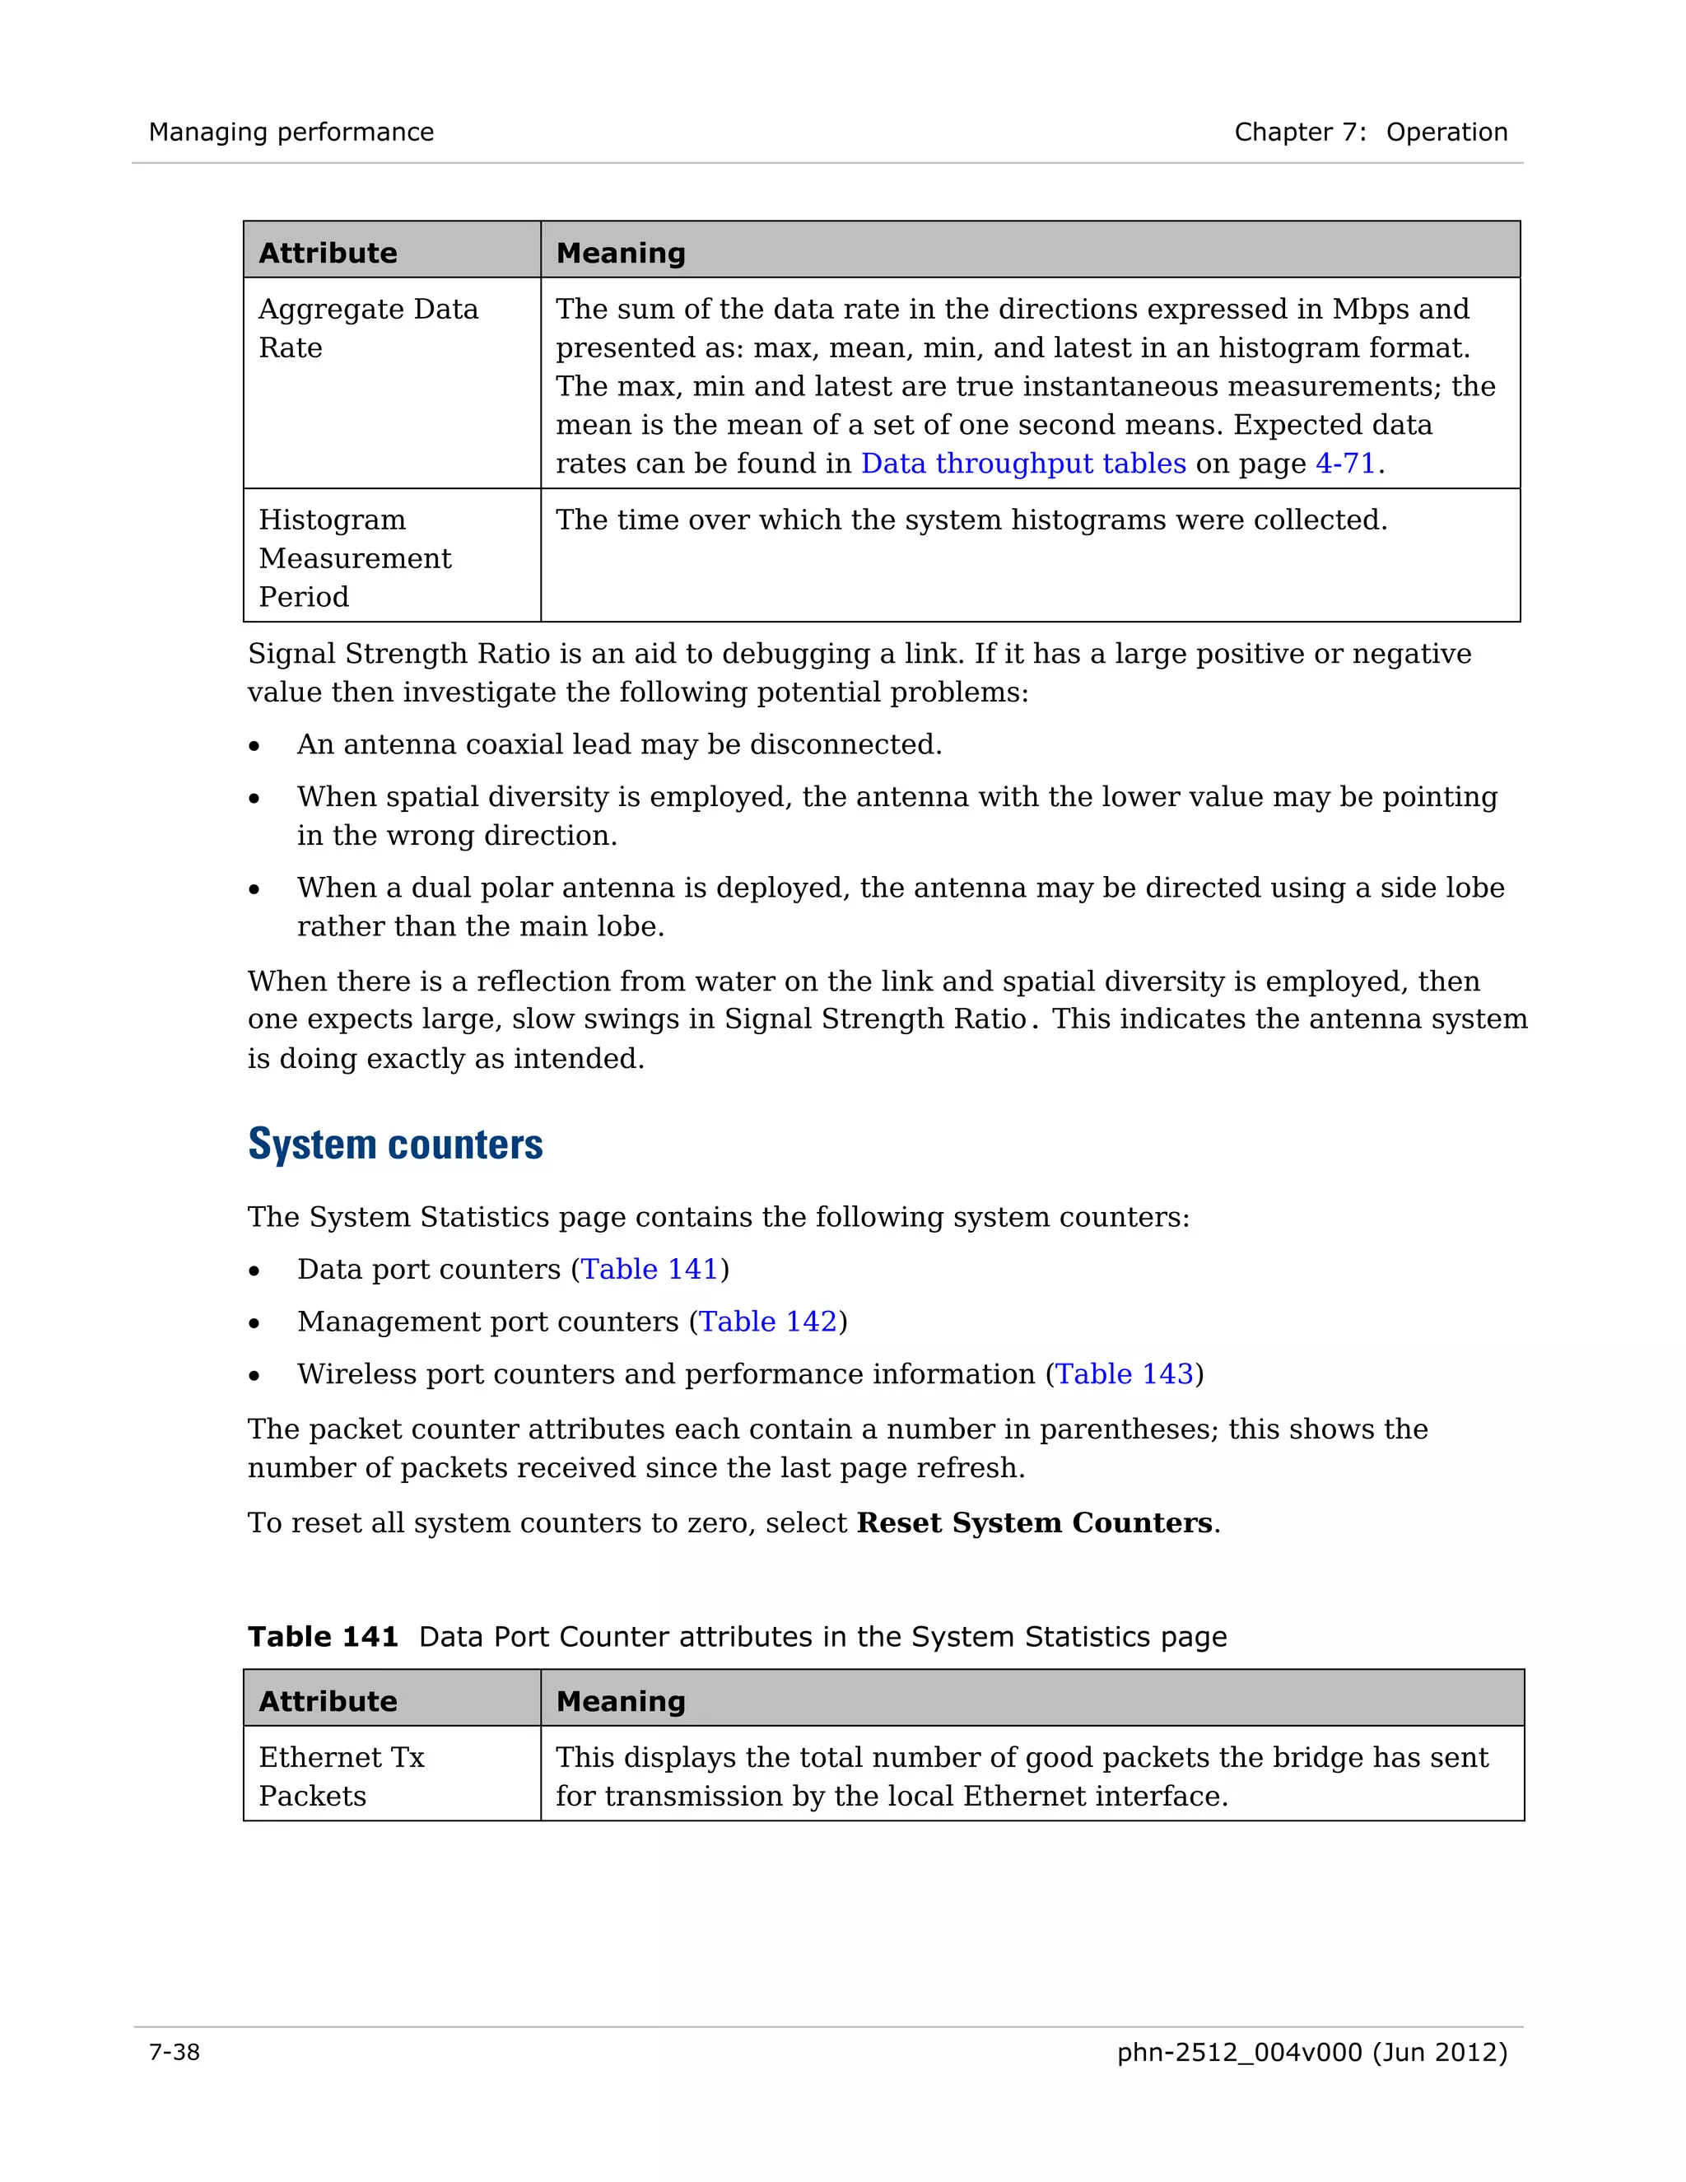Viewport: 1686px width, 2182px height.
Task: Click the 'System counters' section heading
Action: pos(395,1145)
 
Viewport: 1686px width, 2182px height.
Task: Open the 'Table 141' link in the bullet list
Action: pos(650,1269)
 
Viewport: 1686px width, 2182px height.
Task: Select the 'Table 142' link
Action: pos(767,1322)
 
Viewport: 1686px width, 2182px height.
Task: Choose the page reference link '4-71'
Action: pos(1344,464)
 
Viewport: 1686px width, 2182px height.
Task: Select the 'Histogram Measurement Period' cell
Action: pos(355,557)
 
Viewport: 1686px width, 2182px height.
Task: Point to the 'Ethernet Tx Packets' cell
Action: pos(341,1775)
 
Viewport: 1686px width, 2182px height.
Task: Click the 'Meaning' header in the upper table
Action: pos(620,253)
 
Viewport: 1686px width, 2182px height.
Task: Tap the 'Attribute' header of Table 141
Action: pos(328,1700)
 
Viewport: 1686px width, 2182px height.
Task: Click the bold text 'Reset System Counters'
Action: pos(1034,1522)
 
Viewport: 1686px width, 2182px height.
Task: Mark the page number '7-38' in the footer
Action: pos(174,2052)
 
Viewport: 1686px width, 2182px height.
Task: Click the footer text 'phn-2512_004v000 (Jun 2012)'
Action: pos(1311,2052)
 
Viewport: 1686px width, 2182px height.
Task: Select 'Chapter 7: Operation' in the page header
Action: pos(1371,132)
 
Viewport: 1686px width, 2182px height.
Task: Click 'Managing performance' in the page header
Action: pos(291,132)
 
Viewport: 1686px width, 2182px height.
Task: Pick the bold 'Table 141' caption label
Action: pos(323,1637)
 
